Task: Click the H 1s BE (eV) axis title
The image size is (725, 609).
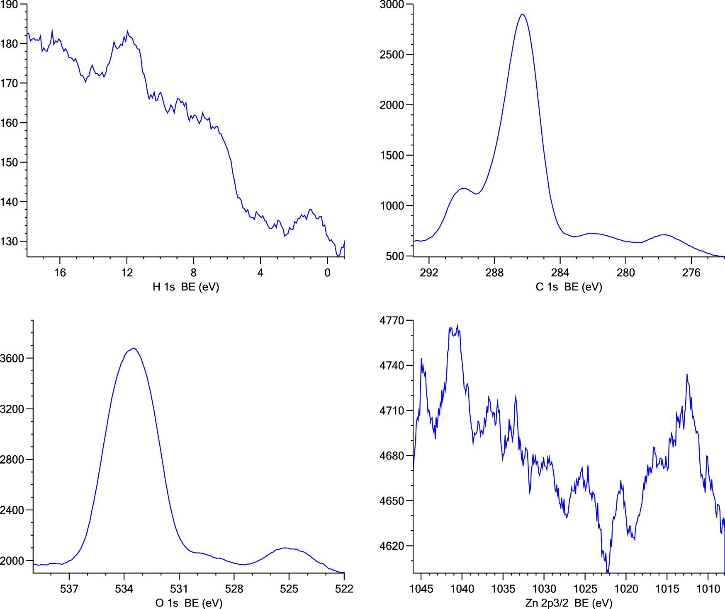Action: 185,287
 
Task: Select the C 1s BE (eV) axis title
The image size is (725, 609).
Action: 569,287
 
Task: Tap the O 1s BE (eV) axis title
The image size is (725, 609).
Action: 189,603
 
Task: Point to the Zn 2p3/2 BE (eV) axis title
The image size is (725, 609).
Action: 569,603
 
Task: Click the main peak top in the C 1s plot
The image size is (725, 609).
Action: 523,15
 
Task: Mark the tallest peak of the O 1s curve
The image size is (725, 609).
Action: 134,348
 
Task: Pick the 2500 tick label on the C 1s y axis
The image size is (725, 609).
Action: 392,55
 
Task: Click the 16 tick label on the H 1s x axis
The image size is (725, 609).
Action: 60,273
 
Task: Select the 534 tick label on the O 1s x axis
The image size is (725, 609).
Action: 124,589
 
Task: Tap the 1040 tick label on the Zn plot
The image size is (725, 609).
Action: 462,589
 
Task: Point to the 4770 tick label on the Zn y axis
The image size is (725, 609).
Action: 392,321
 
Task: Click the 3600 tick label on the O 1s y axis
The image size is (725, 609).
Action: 12,358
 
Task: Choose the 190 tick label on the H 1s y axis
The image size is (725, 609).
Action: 9,5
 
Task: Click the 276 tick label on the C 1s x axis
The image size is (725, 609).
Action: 691,273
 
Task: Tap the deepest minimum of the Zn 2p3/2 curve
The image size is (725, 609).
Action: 608,572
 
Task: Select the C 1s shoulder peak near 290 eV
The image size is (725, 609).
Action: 464,189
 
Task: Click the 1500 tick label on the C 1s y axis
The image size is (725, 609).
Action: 392,155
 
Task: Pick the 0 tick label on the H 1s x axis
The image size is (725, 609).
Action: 327,273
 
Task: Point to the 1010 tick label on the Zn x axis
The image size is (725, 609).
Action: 708,589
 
